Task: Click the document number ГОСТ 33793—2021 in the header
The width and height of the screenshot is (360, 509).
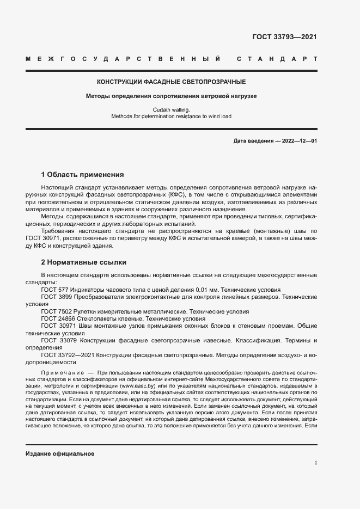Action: point(284,37)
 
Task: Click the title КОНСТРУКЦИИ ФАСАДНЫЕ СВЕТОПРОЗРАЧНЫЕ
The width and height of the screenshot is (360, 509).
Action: point(171,82)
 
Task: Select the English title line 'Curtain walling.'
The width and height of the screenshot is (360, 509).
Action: point(172,109)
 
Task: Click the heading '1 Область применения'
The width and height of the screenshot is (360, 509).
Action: point(82,175)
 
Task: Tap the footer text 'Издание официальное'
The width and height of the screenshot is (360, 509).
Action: point(60,453)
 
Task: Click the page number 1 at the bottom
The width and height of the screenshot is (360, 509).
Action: point(316,463)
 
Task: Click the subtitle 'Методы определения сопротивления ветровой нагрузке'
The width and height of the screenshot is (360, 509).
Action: point(171,96)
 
